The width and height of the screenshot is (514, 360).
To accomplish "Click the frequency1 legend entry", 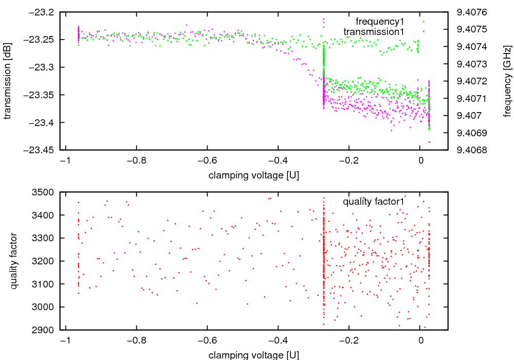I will click(x=380, y=22).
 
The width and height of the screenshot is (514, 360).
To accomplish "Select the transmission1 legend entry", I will click(x=374, y=32).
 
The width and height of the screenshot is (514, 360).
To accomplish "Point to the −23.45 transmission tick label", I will click(x=41, y=150).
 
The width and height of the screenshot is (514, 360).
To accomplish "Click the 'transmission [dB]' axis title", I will click(x=8, y=81).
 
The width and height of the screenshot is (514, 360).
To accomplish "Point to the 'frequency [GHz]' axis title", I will click(x=508, y=81).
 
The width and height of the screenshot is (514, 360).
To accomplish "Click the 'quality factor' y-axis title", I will click(x=14, y=261).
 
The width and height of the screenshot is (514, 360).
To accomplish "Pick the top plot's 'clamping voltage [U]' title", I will click(x=254, y=175).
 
